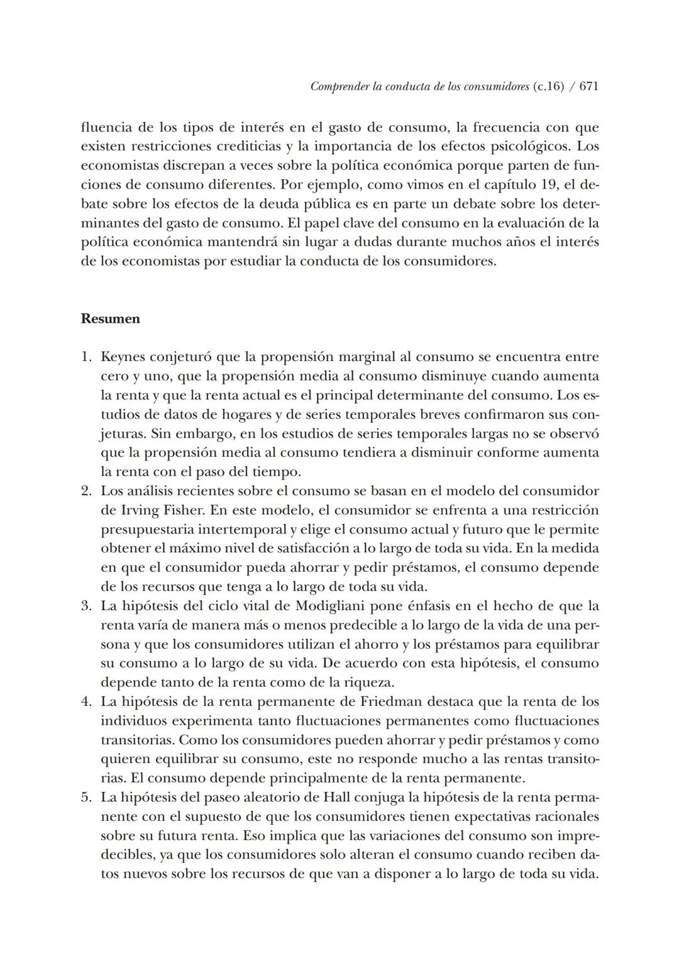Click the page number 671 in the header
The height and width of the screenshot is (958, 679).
coord(588,87)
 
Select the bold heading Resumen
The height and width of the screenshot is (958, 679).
coord(111,319)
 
